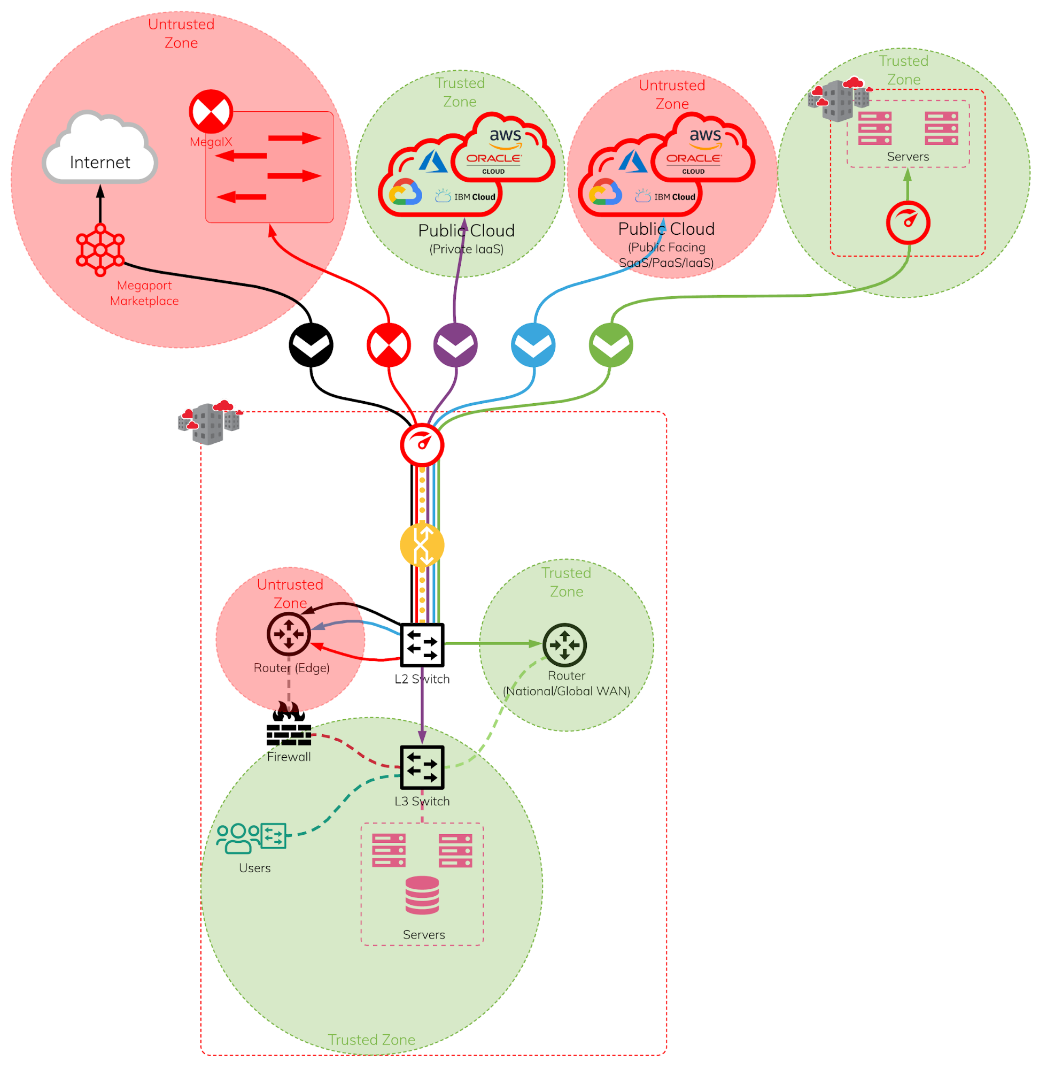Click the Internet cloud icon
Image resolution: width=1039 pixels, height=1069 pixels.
100,148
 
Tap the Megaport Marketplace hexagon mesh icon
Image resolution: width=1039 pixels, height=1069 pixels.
100,250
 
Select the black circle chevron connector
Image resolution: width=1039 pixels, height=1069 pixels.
311,345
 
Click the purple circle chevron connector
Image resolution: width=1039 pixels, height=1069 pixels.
455,345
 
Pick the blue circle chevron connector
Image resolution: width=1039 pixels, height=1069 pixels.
533,345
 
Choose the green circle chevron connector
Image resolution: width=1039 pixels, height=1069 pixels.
611,345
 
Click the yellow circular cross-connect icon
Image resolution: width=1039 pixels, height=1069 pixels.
422,545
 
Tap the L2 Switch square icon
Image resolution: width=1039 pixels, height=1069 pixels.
422,645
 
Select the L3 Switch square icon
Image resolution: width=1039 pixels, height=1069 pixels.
422,767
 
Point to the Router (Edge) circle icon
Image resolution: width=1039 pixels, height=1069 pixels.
289,634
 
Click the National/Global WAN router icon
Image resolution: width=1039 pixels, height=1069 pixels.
565,645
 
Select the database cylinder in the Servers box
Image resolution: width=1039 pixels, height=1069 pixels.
422,895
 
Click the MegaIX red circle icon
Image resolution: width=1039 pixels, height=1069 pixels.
211,111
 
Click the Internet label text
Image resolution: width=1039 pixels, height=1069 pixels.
100,162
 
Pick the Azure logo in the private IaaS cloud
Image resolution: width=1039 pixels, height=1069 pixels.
433,161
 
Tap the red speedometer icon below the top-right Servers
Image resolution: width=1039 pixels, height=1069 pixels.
908,223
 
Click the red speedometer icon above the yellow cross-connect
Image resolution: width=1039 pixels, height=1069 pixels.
422,444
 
